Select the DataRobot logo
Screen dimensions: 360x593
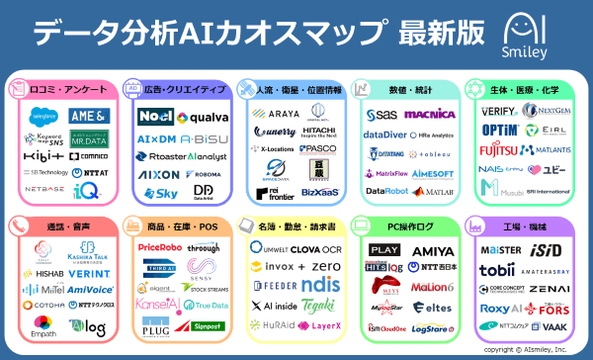click(387, 191)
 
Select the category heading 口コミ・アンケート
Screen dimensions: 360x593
click(61, 88)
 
